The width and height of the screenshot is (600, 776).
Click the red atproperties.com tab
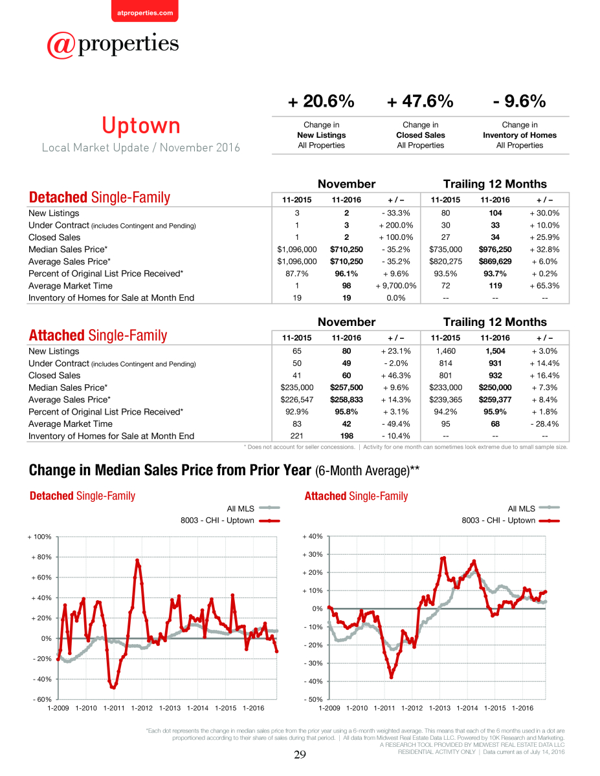[x=145, y=11]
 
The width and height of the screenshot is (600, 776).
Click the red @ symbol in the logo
[x=61, y=45]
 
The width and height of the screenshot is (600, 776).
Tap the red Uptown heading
[x=141, y=125]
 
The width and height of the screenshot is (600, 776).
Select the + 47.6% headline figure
[x=420, y=101]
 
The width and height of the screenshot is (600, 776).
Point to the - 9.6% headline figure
[x=519, y=101]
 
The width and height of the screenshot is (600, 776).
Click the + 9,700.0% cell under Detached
[x=396, y=286]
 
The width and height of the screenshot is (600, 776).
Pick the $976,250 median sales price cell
[x=495, y=249]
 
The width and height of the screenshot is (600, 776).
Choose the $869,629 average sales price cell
[x=495, y=261]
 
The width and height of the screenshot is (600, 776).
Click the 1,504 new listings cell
[x=495, y=351]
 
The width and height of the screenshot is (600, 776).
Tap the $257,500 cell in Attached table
[x=346, y=387]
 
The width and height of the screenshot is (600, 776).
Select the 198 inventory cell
[x=347, y=436]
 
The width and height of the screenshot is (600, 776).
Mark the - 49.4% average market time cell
[x=396, y=424]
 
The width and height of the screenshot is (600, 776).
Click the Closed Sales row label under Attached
[x=54, y=375]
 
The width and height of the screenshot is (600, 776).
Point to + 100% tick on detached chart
[x=39, y=537]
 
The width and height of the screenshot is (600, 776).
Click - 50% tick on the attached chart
[x=313, y=699]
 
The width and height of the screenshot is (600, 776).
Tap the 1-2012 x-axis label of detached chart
[x=142, y=708]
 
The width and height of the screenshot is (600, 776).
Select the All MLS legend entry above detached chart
[x=253, y=508]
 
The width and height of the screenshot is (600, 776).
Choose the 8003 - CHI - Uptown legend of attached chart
[x=511, y=521]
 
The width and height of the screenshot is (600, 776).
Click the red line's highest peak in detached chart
[x=137, y=560]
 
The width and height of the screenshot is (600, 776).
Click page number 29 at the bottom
[x=300, y=755]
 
